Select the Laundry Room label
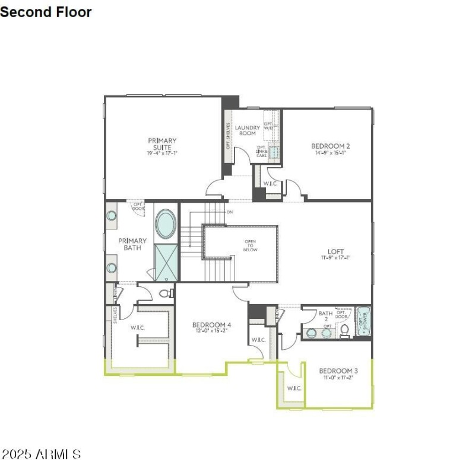coord(247,130)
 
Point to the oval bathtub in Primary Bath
coord(166,224)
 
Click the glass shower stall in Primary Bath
coord(166,261)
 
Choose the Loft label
coord(335,251)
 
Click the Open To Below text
coord(251,245)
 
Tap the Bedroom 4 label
coord(211,325)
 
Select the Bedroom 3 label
coord(338,370)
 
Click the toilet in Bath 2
coord(344,332)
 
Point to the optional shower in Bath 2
coord(363,321)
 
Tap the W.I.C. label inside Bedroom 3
coord(294,388)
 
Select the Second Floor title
coord(46,11)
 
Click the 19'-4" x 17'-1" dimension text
coord(162,153)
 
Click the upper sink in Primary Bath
coord(112,216)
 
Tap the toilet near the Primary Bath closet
coord(166,293)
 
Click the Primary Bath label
coord(132,244)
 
